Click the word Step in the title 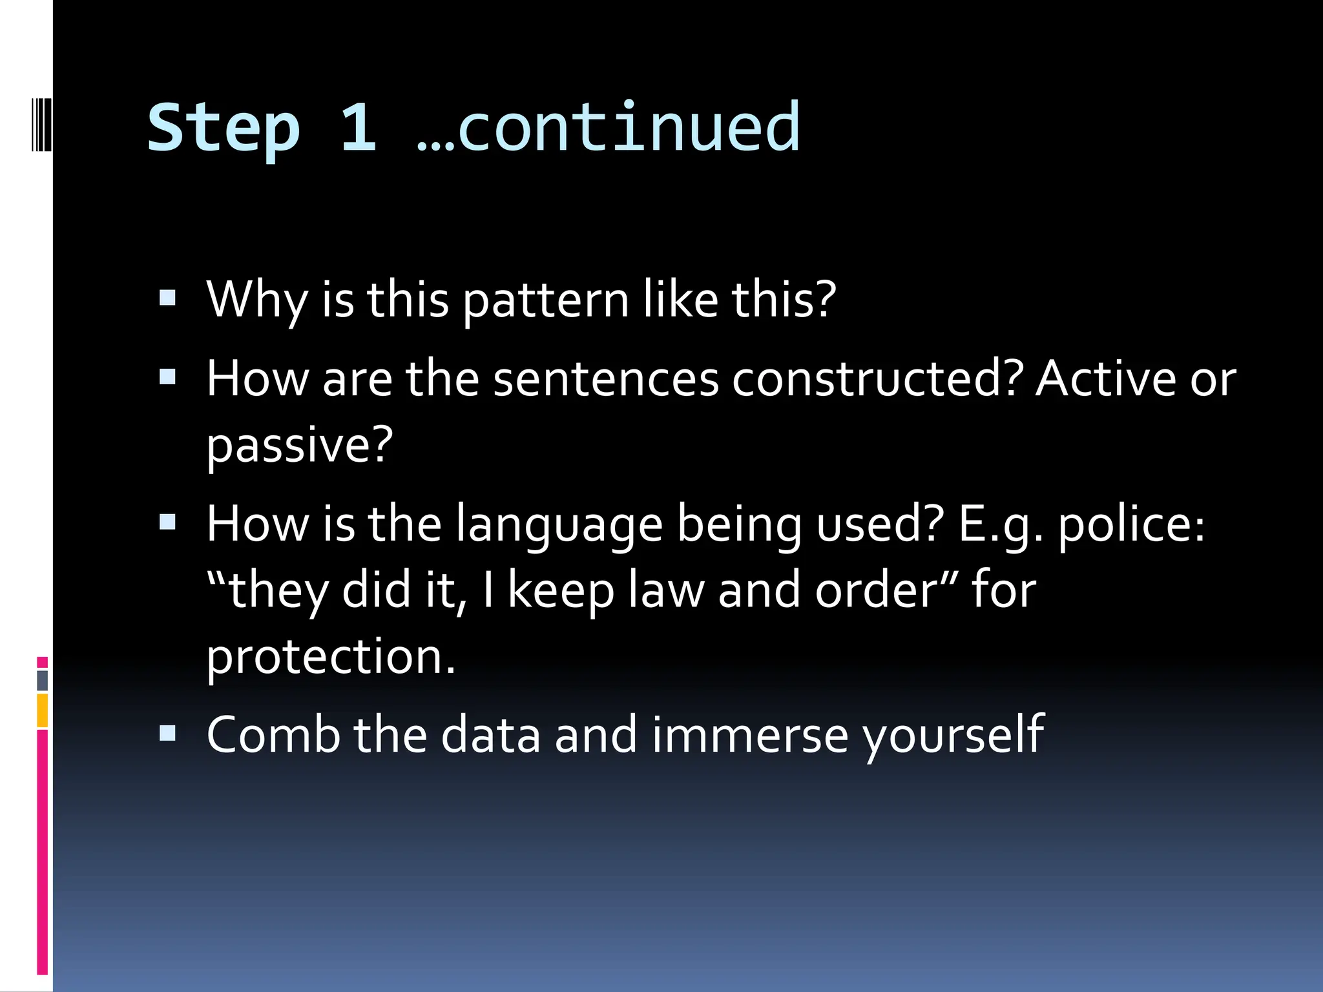[224, 129]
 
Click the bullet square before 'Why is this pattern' [168, 298]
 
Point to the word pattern [546, 301]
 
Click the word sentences [606, 379]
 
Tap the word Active [1105, 379]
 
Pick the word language [559, 525]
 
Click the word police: [1131, 525]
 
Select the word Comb [273, 735]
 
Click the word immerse [749, 735]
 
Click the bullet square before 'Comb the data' [168, 733]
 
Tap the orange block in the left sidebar [43, 710]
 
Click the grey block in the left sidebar [43, 680]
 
